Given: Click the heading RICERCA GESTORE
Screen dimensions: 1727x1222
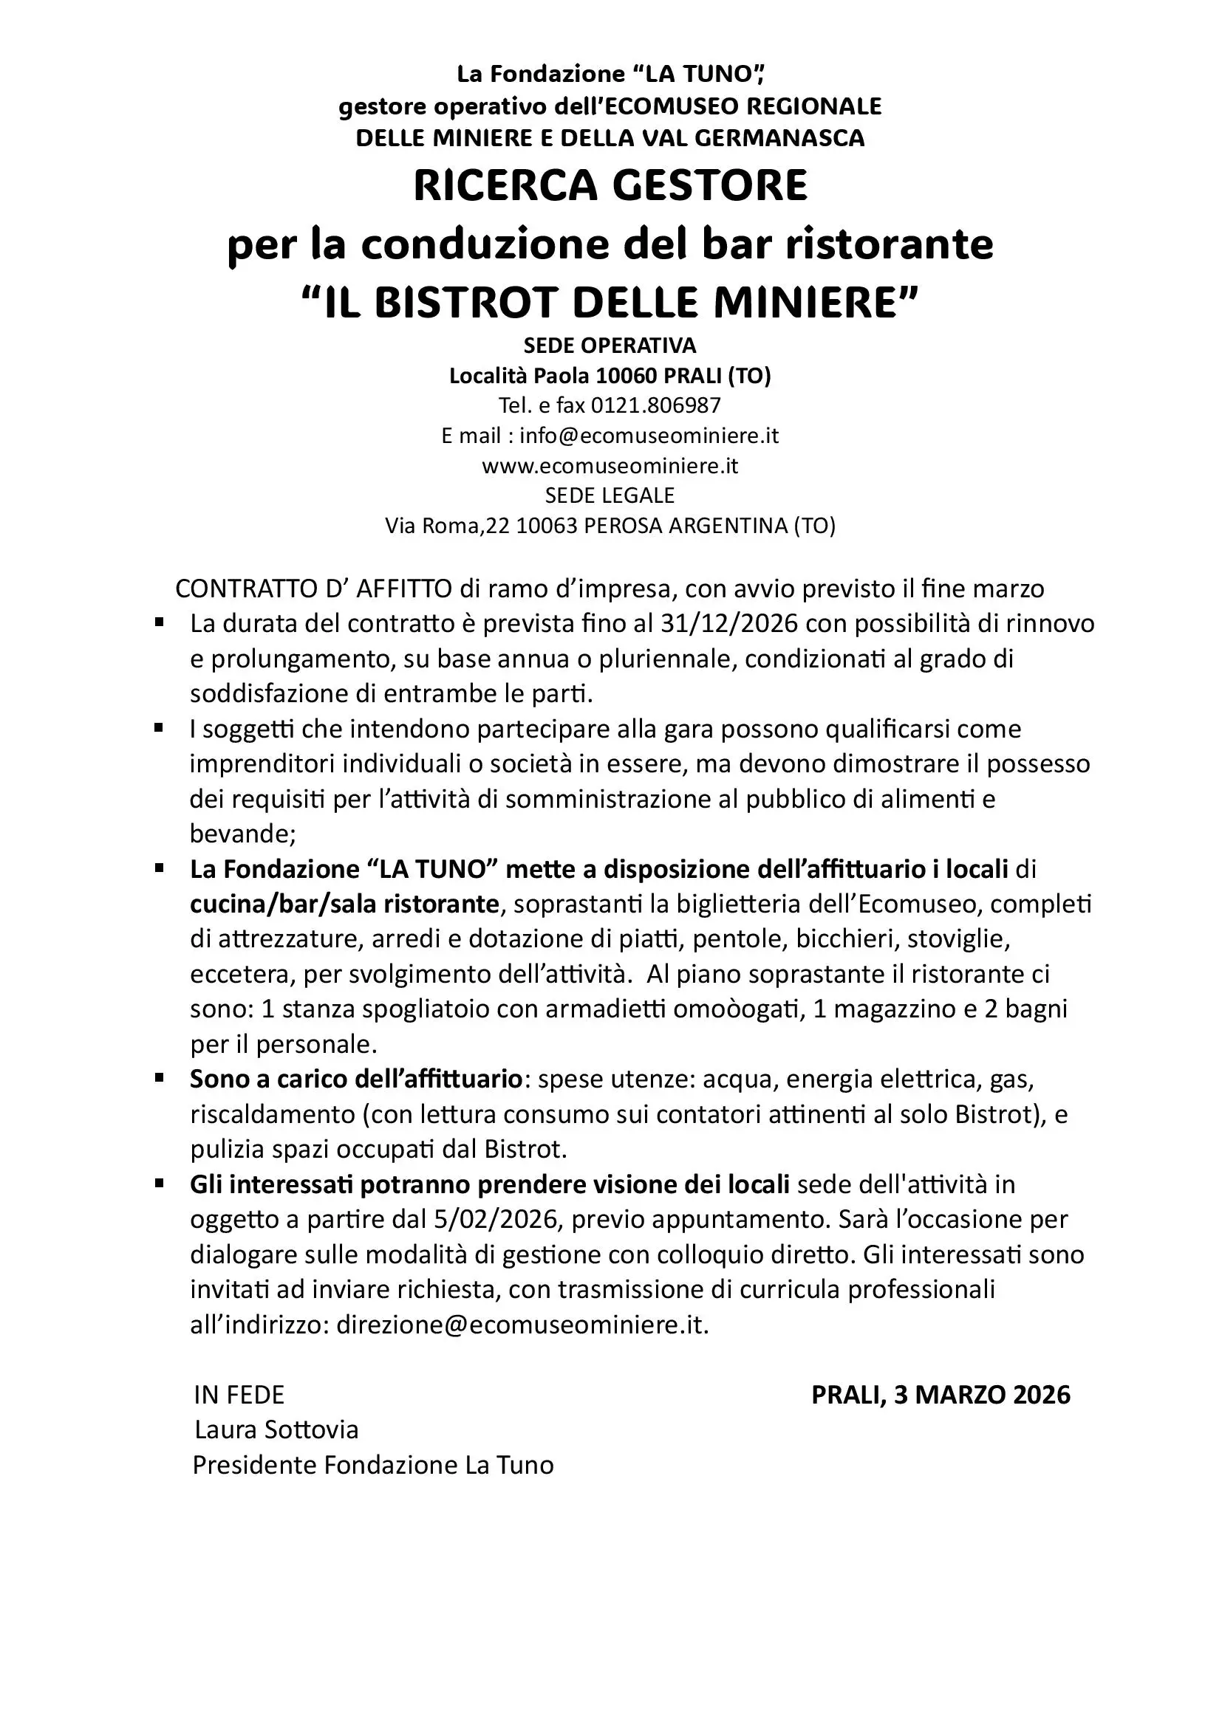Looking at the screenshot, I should click(610, 186).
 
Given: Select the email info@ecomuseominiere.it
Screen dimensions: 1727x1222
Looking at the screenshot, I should click(649, 436).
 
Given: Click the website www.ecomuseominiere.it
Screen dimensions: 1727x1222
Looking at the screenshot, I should click(610, 466).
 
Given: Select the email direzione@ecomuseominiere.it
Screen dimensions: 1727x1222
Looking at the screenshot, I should click(522, 1325).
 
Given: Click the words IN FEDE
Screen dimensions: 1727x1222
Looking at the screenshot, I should click(239, 1395).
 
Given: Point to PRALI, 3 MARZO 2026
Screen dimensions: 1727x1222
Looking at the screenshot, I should click(941, 1395).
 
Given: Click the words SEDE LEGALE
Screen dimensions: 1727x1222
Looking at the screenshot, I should click(610, 495).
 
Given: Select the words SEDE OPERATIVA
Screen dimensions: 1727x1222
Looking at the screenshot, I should click(610, 346).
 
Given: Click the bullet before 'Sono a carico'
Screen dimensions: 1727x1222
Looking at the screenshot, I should click(159, 1078).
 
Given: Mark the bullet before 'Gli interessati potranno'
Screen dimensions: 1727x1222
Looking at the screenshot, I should click(159, 1183).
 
